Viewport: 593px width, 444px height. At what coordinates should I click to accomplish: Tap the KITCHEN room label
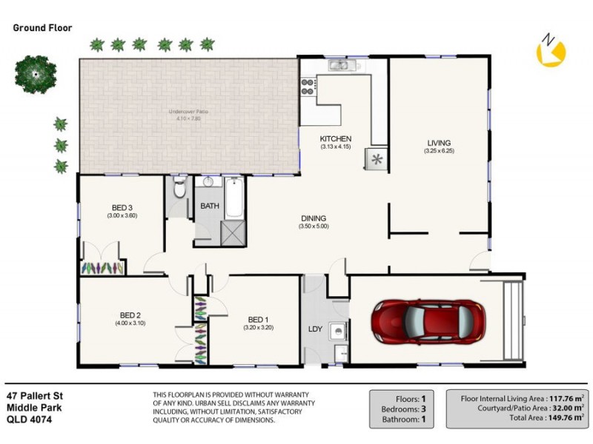(x=335, y=139)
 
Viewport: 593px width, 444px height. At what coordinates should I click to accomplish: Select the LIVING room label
(x=438, y=143)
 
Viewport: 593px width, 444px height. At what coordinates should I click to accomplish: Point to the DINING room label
(x=314, y=218)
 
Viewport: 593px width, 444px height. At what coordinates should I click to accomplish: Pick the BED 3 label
(x=122, y=207)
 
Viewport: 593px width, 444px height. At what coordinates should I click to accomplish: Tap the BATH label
(x=209, y=206)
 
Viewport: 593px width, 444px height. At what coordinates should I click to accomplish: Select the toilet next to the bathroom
(x=179, y=191)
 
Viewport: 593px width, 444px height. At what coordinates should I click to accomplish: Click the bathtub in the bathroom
(x=233, y=196)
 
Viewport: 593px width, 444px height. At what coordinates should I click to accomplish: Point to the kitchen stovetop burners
(x=308, y=87)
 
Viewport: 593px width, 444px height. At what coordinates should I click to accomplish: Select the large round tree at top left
(x=34, y=72)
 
